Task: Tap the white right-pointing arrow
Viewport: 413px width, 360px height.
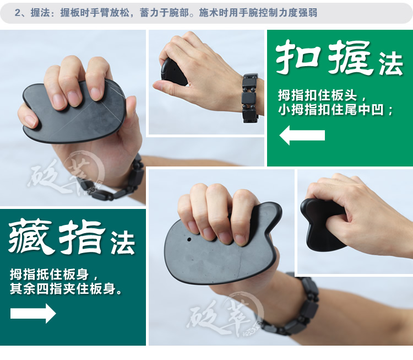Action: [x=33, y=313]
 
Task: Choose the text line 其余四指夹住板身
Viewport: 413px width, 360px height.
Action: [x=66, y=289]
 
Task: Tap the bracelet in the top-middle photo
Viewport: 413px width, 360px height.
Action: [x=249, y=97]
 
